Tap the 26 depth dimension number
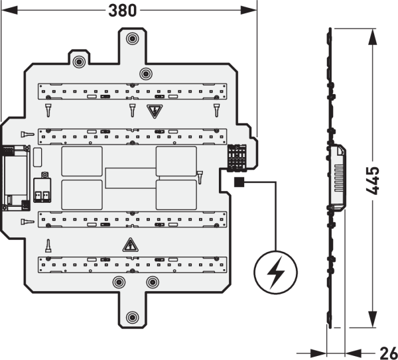[388, 351]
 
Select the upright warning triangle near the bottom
[130, 245]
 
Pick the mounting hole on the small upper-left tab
[79, 62]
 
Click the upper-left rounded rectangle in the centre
[82, 161]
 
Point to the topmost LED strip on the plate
[131, 89]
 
